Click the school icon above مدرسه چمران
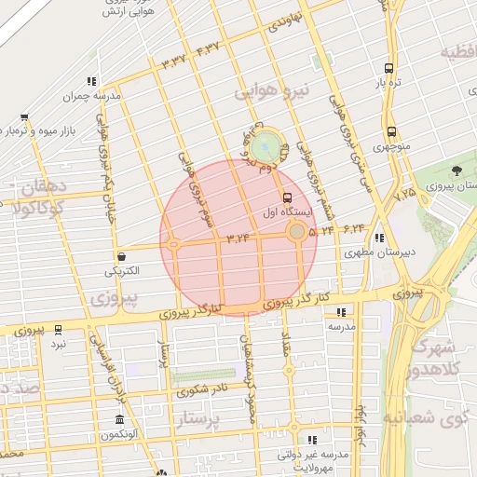[x=91, y=82]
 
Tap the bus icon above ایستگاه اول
[x=287, y=198]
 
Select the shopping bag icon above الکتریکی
[x=121, y=256]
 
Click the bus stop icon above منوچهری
[x=390, y=131]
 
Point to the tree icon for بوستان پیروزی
[x=457, y=170]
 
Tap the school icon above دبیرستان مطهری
[x=380, y=238]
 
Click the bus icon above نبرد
[x=59, y=330]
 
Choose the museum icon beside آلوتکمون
[x=118, y=419]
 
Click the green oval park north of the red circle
[x=266, y=146]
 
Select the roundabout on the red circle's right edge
[x=296, y=230]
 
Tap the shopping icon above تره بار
[x=389, y=68]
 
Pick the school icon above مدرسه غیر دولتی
[x=313, y=439]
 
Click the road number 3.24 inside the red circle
[x=239, y=239]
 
